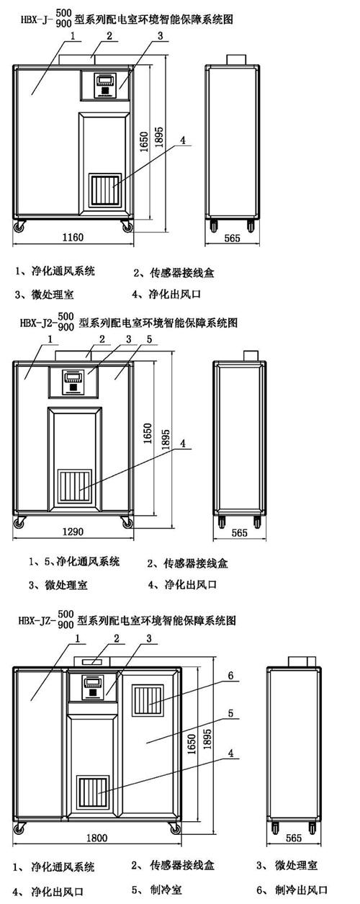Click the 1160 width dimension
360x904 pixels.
pyautogui.click(x=73, y=236)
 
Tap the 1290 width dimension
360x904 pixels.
pyautogui.click(x=73, y=532)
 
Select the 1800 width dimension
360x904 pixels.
pyautogui.click(x=97, y=838)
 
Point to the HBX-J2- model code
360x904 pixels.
pyautogui.click(x=38, y=323)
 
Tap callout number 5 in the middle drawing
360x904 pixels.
pyautogui.click(x=149, y=339)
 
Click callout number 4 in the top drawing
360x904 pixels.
pyautogui.click(x=183, y=140)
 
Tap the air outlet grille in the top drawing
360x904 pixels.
pyautogui.click(x=105, y=190)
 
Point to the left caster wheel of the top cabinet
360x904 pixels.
pyautogui.click(x=19, y=227)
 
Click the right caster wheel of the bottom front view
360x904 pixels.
pyautogui.click(x=175, y=828)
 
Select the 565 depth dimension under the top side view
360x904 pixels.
pyautogui.click(x=232, y=238)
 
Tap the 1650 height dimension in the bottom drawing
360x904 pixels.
pyautogui.click(x=192, y=744)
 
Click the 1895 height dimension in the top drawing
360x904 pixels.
pyautogui.click(x=159, y=137)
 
